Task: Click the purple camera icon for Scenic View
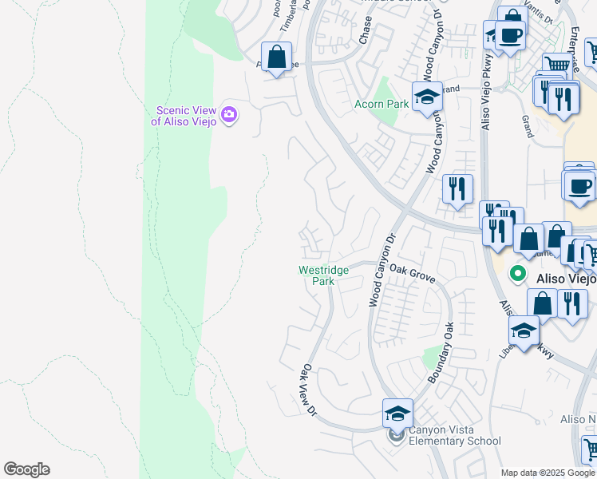(229, 115)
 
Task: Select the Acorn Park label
(381, 105)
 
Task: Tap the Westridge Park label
(323, 275)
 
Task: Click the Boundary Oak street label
(441, 352)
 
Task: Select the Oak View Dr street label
(309, 390)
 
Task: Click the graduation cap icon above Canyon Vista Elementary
(397, 413)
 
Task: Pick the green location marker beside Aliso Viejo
(517, 274)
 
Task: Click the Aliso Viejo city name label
(566, 279)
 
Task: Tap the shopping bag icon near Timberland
(276, 57)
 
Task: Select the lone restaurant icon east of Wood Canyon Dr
(457, 188)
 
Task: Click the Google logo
(26, 469)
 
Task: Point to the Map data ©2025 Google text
(548, 473)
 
